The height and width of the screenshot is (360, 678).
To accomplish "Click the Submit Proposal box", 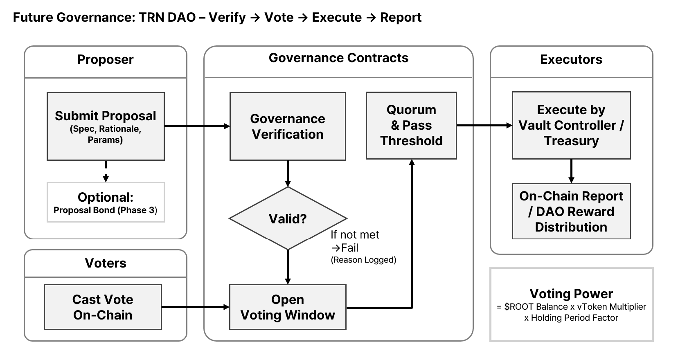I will (x=106, y=126).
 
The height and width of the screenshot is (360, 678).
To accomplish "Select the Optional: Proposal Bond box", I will (x=106, y=202).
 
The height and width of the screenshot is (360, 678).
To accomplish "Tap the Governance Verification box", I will (x=288, y=126).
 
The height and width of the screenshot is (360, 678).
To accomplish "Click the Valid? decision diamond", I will (x=288, y=218).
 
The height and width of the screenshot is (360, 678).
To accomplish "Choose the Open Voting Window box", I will (x=288, y=307).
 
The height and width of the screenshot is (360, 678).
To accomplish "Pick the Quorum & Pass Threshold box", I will (x=411, y=125).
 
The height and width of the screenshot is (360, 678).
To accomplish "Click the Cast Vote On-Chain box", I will (x=103, y=307).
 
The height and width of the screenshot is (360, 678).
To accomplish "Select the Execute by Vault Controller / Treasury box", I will (x=571, y=125).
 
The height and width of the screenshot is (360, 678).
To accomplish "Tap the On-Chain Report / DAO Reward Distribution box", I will (x=571, y=211).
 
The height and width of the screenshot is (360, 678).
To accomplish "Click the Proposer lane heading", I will (x=106, y=60).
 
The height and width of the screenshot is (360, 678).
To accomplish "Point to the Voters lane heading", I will (x=106, y=263).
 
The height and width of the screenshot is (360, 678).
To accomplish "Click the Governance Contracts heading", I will (x=338, y=58).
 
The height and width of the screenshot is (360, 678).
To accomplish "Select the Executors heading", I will (x=571, y=60).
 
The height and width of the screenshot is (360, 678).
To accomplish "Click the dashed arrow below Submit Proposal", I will (x=106, y=171).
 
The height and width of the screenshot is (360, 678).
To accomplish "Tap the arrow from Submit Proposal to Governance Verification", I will (x=196, y=126).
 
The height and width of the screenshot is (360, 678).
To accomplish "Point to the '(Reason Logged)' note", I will (x=363, y=260).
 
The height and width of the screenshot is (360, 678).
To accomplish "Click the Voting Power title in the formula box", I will (x=571, y=294).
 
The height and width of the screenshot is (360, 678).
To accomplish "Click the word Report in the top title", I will (x=401, y=18).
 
